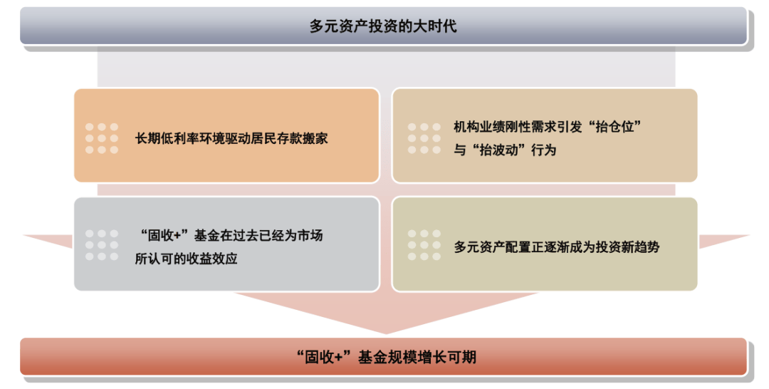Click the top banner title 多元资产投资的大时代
pos(383,26)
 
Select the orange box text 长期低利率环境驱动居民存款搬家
pos(231,138)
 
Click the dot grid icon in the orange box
pos(102,138)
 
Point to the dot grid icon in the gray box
pos(102,245)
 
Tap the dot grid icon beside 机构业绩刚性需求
pos(424,138)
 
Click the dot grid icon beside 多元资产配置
pos(424,245)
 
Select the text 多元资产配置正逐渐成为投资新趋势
pos(557,247)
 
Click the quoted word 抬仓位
pos(619,127)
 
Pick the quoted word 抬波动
pos(498,150)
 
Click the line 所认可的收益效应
pos(187,259)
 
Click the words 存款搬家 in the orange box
pos(302,138)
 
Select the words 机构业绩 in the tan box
pos(479,127)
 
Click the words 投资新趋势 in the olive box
pos(628,247)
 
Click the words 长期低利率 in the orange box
pos(167,138)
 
